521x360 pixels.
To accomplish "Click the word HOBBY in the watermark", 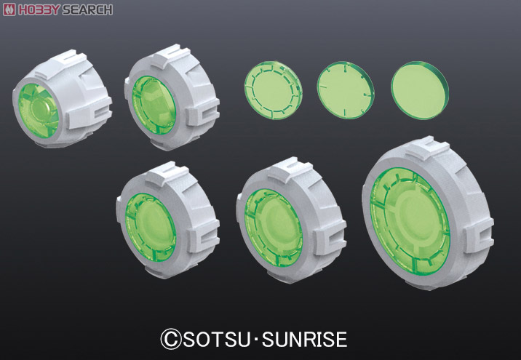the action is [39, 9].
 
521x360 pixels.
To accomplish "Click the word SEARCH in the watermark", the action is [87, 9].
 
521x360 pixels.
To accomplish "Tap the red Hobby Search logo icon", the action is [9, 9].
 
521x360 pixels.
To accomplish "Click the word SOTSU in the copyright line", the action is [217, 340].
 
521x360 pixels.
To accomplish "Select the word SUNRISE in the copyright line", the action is [304, 340].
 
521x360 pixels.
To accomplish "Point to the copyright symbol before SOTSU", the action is [171, 339].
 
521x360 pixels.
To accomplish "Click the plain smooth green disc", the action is [420, 90].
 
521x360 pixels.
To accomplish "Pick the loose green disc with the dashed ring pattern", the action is [273, 90].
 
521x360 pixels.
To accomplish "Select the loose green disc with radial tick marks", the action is [346, 90].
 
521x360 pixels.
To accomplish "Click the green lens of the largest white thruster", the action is [410, 221].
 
